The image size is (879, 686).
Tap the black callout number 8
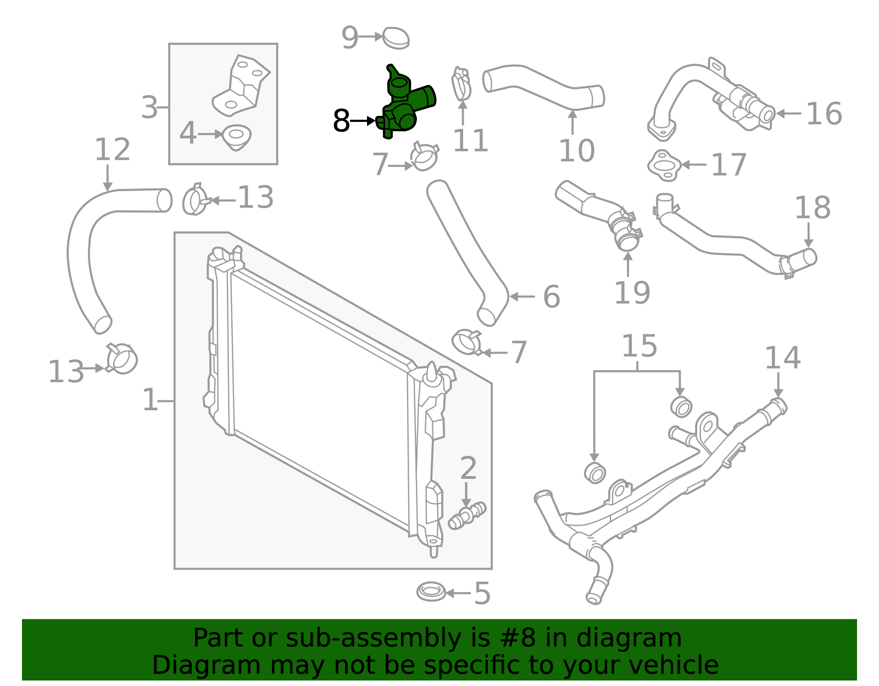point(341,121)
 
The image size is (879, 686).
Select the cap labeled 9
point(396,38)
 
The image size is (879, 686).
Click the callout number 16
point(824,114)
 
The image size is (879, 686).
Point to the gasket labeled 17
point(664,165)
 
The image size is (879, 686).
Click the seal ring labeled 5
point(431,592)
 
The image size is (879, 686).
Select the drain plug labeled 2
point(468,515)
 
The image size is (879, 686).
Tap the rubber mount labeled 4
point(236,135)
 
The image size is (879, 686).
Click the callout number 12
point(112,149)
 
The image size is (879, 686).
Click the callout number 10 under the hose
point(577,150)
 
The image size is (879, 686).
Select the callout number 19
point(632,292)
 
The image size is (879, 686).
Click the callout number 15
point(639,346)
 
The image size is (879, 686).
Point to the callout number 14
point(782,358)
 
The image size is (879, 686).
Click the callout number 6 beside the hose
point(551,297)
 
